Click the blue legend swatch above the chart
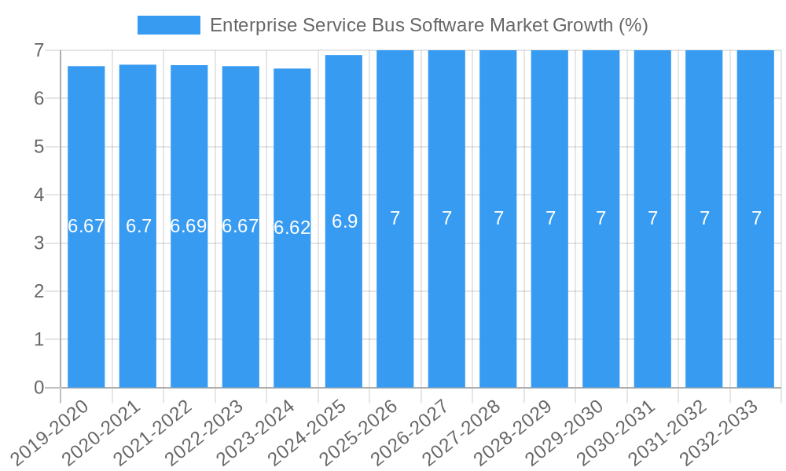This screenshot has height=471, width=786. pyautogui.click(x=168, y=25)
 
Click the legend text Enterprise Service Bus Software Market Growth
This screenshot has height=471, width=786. pyautogui.click(x=428, y=25)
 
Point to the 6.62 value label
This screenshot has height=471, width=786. pyautogui.click(x=292, y=228)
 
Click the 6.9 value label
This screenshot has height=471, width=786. pyautogui.click(x=344, y=221)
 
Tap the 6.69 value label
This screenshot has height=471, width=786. pyautogui.click(x=189, y=226)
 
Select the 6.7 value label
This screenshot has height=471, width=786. pyautogui.click(x=138, y=226)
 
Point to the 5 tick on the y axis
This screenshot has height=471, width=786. pyautogui.click(x=39, y=147)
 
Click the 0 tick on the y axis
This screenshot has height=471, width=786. pyautogui.click(x=39, y=388)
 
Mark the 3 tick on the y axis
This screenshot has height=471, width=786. pyautogui.click(x=39, y=243)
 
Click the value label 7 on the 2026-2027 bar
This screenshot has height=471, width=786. pyautogui.click(x=446, y=218)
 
